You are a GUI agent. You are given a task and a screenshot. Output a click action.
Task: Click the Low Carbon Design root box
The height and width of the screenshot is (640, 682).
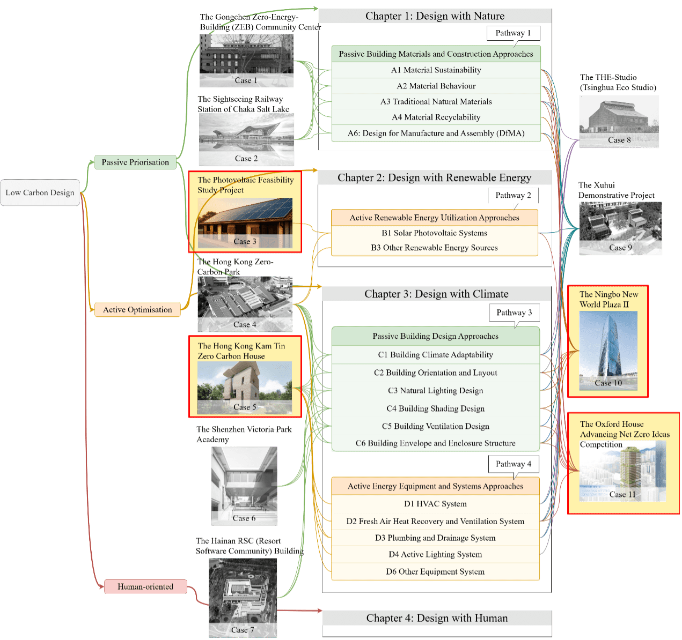click(40, 193)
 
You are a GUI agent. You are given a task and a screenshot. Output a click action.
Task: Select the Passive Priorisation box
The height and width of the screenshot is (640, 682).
click(135, 162)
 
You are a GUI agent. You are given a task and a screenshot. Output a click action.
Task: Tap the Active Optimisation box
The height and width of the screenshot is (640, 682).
click(137, 310)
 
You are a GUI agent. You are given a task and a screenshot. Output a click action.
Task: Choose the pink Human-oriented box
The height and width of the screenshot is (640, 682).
click(145, 587)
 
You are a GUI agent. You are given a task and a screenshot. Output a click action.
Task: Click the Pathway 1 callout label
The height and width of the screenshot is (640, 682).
click(513, 33)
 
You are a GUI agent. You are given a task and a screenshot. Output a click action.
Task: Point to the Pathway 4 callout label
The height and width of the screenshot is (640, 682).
click(514, 464)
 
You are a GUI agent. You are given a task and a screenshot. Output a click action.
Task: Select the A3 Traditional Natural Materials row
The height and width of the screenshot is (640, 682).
click(436, 102)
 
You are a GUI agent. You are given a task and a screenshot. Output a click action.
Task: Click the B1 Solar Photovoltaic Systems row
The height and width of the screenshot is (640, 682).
click(434, 233)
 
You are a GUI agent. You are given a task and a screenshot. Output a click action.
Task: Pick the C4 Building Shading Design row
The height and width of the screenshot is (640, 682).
click(435, 409)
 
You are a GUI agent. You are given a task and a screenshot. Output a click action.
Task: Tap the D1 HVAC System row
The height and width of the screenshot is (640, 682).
click(435, 504)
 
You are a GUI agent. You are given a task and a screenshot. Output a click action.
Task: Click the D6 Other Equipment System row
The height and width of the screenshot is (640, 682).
click(435, 572)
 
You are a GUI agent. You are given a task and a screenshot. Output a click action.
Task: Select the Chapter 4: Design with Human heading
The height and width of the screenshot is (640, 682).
click(437, 618)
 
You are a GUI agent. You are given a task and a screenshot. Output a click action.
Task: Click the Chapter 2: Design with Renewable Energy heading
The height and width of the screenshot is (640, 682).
click(434, 178)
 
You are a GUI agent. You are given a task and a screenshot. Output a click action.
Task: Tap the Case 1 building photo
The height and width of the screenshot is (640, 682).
click(246, 61)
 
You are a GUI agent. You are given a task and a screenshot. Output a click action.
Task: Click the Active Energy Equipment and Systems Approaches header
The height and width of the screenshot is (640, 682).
click(435, 486)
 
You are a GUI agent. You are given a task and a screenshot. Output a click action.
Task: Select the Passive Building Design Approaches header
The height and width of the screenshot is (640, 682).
click(435, 337)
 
